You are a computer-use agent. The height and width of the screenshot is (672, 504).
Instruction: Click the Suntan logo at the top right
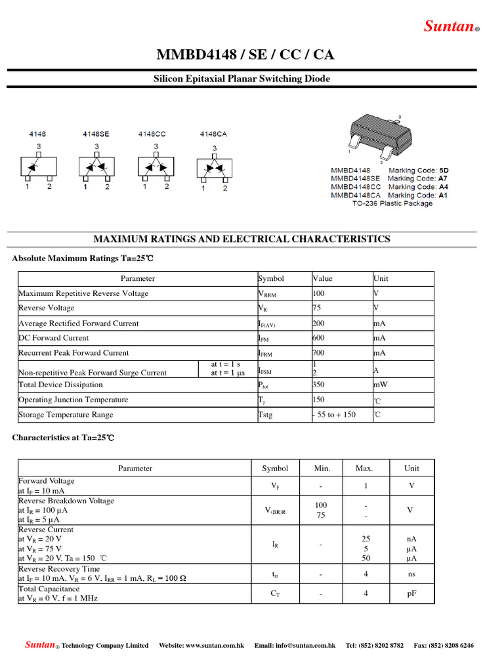[x=451, y=26]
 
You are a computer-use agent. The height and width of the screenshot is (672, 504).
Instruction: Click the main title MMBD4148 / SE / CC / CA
[x=245, y=54]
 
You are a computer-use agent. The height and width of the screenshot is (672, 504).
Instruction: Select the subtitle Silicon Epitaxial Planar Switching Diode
[x=241, y=79]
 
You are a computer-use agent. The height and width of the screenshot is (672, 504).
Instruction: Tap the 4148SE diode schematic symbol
[x=96, y=165]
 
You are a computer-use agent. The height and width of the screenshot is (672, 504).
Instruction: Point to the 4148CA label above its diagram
[x=213, y=134]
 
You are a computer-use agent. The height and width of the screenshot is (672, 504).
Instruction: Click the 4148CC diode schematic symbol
[x=155, y=165]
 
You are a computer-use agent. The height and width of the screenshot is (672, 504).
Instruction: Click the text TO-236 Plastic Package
[x=392, y=203]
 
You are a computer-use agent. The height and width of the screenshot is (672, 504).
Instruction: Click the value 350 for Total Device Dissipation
[x=319, y=385]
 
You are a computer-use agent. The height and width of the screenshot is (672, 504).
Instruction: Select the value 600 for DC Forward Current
[x=319, y=338]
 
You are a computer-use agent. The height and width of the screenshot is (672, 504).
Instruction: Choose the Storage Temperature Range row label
[x=66, y=415]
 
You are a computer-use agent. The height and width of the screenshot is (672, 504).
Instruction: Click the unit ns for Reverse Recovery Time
[x=411, y=574]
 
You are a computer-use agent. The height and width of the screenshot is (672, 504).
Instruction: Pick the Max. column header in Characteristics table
[x=364, y=469]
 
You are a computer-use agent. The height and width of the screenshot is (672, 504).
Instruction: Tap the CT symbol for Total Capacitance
[x=275, y=594]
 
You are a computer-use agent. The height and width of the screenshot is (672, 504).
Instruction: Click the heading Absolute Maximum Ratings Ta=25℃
[x=83, y=259]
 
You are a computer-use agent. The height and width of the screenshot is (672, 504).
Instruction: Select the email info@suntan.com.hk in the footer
[x=295, y=646]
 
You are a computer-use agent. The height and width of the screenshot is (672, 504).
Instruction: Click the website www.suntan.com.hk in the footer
[x=201, y=646]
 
